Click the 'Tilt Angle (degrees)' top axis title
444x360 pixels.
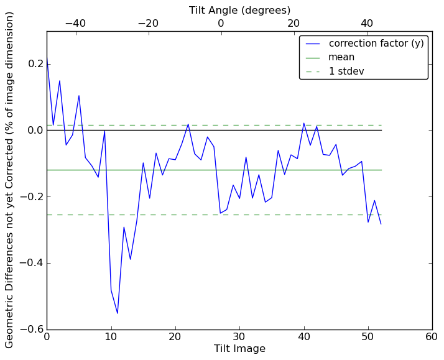pos(239,10)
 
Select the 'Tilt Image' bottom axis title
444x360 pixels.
pos(239,349)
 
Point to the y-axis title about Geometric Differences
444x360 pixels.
pos(10,180)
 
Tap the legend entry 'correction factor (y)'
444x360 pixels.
pos(368,44)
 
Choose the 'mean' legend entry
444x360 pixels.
pos(341,57)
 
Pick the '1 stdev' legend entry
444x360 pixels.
pos(346,71)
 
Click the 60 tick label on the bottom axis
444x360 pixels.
pos(432,337)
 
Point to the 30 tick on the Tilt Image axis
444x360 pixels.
pos(239,337)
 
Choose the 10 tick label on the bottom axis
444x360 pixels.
pos(111,337)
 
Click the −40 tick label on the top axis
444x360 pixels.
pos(75,24)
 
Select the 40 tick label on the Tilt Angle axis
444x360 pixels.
pos(367,24)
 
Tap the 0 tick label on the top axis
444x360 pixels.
pos(221,24)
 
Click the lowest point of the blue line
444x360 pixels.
pos(118,313)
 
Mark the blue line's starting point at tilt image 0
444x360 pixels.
pos(47,60)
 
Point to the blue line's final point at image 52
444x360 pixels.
pos(381,224)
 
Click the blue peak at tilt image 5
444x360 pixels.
pos(79,96)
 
